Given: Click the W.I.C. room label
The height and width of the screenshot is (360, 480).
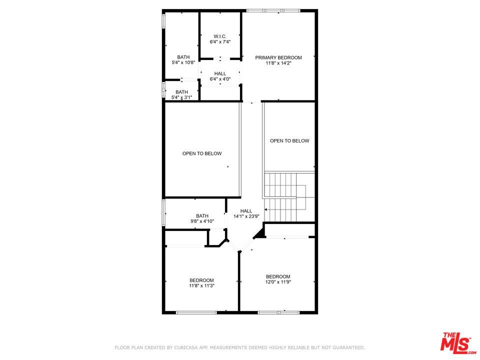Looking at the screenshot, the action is (x=220, y=36).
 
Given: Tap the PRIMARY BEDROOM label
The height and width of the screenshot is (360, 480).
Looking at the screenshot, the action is (x=278, y=57).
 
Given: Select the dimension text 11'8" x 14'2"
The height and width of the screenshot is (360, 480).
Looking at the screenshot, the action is (x=278, y=63).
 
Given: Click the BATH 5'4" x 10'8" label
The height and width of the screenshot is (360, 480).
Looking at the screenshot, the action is (x=183, y=59).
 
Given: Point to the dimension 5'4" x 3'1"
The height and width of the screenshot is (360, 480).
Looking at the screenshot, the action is (x=182, y=97).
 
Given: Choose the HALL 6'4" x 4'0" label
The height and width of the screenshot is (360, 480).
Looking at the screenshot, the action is (x=220, y=76).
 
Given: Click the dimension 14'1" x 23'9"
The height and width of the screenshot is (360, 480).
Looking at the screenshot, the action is (x=246, y=216).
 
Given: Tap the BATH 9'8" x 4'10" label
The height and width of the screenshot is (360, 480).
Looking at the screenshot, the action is (x=202, y=218).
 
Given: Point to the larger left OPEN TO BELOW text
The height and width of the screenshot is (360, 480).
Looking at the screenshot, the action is (x=202, y=153).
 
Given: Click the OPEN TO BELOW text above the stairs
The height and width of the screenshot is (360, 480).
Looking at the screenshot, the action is (x=289, y=141).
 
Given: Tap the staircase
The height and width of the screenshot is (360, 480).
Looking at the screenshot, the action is (x=289, y=196).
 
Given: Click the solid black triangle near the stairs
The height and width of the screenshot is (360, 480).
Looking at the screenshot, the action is (x=260, y=233).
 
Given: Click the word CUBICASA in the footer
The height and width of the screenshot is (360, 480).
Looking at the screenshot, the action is (x=184, y=347).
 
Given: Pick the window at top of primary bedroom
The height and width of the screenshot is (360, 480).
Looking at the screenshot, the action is (x=273, y=10).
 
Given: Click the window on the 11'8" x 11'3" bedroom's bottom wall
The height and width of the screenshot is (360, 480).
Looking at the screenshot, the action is (x=196, y=312).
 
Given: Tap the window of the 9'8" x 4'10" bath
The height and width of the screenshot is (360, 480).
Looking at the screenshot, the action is (x=164, y=212).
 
